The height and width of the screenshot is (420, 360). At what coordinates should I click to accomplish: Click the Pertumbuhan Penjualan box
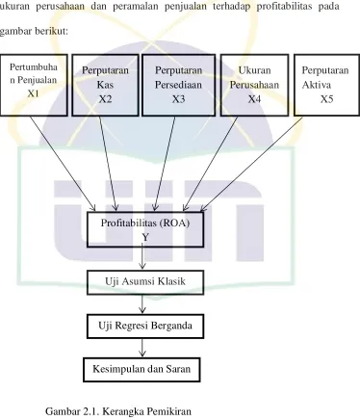34,85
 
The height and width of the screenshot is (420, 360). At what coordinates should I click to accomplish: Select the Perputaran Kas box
105,85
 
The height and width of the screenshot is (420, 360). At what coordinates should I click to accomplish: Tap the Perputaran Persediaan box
178,85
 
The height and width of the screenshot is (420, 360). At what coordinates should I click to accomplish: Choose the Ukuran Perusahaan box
254,85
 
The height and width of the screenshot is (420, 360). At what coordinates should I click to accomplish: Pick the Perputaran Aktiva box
326,85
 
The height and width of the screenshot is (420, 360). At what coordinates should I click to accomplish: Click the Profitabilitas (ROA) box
145,229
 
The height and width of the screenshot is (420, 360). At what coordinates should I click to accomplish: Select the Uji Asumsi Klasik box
145,282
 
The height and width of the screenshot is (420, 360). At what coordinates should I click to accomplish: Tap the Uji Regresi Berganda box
145,327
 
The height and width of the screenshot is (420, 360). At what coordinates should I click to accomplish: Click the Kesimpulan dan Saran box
141,370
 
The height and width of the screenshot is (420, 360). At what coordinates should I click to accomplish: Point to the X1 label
33,93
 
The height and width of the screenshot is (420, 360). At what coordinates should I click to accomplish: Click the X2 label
105,99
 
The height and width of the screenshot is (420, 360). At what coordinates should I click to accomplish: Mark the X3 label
178,99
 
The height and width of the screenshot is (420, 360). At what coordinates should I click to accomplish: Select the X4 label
254,99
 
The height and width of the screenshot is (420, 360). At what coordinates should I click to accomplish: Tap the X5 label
326,99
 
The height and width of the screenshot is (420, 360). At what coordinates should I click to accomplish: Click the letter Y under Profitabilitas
145,238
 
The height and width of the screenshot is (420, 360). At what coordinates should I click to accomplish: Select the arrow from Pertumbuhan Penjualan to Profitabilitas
63,164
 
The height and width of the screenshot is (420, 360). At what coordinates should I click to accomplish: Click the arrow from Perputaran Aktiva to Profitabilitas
251,164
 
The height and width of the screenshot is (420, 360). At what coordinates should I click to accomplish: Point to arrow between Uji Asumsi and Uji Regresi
142,303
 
